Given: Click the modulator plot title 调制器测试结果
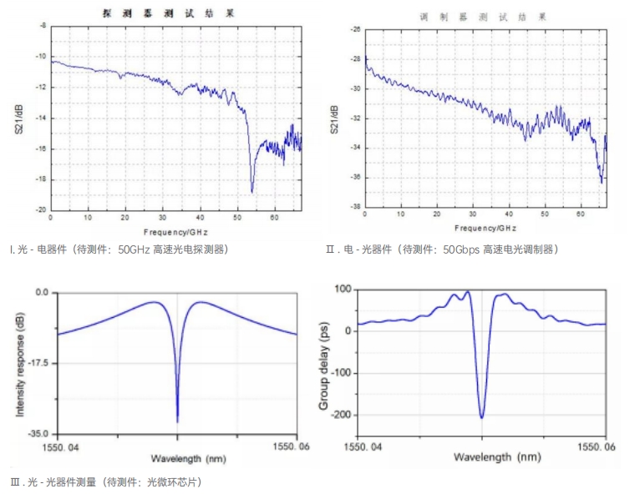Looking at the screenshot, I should click(x=483, y=16).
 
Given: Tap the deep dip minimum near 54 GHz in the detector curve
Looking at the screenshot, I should click(x=252, y=192).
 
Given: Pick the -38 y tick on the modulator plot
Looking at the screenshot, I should click(x=355, y=207).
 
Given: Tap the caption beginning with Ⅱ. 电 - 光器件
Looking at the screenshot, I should click(x=442, y=249).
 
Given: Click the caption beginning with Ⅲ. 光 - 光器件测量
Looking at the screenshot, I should click(x=106, y=481).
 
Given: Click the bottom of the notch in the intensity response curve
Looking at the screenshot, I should click(x=177, y=421).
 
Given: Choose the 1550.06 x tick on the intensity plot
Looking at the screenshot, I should click(x=290, y=446).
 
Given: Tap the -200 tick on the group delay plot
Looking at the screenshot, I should click(x=343, y=415).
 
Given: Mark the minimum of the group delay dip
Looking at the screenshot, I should click(x=482, y=417).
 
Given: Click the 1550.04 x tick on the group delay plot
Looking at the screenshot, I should click(x=363, y=446).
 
